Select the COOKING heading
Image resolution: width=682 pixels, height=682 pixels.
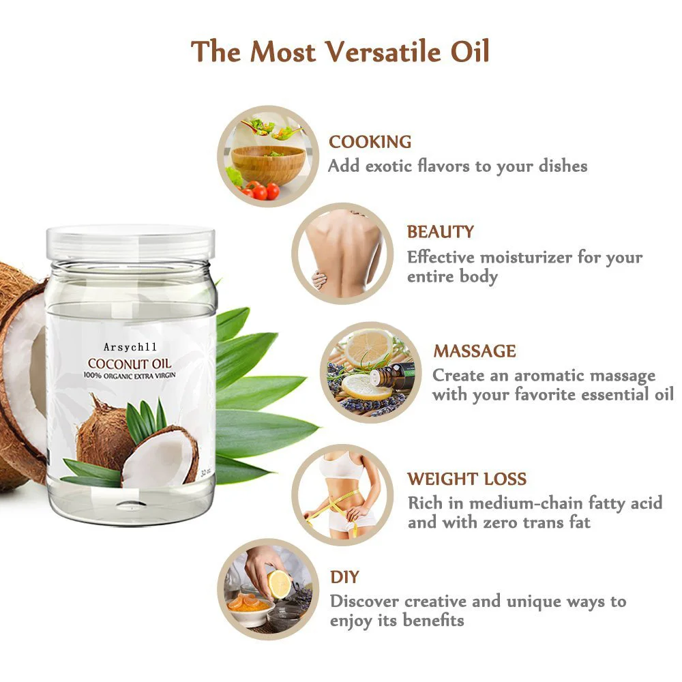coord(370,142)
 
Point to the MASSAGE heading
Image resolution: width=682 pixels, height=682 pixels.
coord(475,351)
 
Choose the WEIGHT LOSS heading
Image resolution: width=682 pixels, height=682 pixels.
coord(467,479)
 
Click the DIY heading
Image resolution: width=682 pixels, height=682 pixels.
coord(344,577)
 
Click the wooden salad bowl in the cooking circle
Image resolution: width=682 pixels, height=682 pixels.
coord(268,164)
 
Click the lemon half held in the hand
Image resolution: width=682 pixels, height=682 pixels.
coord(279,584)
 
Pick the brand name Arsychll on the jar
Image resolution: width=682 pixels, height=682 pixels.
coord(131,348)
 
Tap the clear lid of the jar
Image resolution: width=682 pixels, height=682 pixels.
coord(130,241)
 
